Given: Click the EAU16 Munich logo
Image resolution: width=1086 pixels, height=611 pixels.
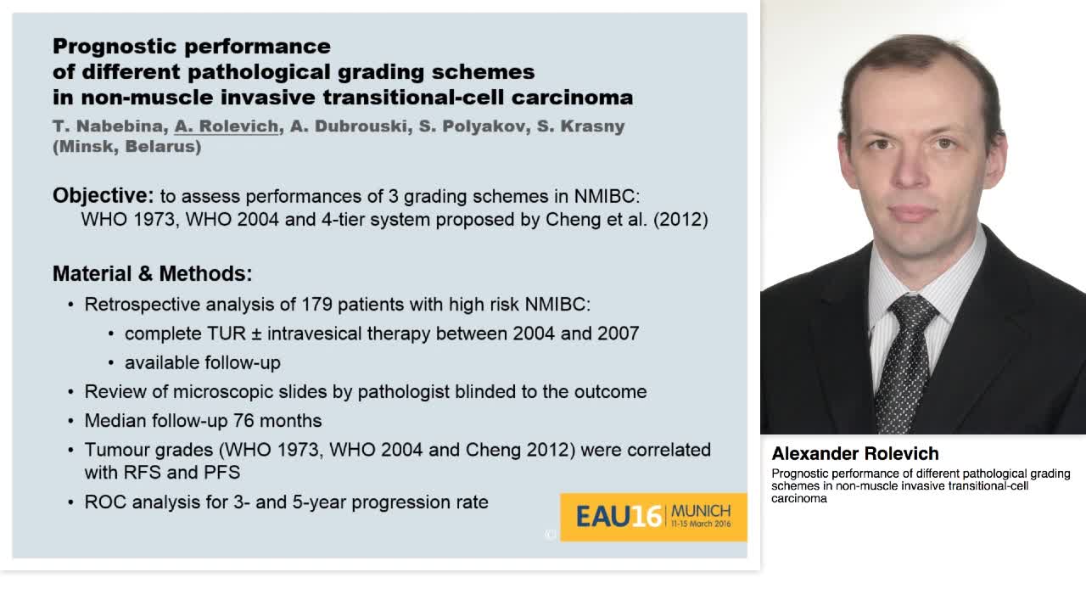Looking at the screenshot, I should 652,516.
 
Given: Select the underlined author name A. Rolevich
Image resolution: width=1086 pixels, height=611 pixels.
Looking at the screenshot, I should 227,126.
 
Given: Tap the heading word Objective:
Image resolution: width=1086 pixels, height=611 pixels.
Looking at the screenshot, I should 103,196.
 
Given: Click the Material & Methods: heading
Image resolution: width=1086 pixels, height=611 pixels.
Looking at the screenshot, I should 152,273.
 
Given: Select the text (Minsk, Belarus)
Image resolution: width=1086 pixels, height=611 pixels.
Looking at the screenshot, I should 126,146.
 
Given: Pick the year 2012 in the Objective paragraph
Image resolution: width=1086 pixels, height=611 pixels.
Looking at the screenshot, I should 680,219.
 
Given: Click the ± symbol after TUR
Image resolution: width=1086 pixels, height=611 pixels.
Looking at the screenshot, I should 256,334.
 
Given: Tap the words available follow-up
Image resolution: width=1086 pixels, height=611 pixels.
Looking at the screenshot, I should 202,362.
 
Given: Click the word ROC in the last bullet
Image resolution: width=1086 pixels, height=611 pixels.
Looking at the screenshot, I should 103,502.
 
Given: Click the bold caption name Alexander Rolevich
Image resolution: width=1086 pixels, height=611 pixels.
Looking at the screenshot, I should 854,453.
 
